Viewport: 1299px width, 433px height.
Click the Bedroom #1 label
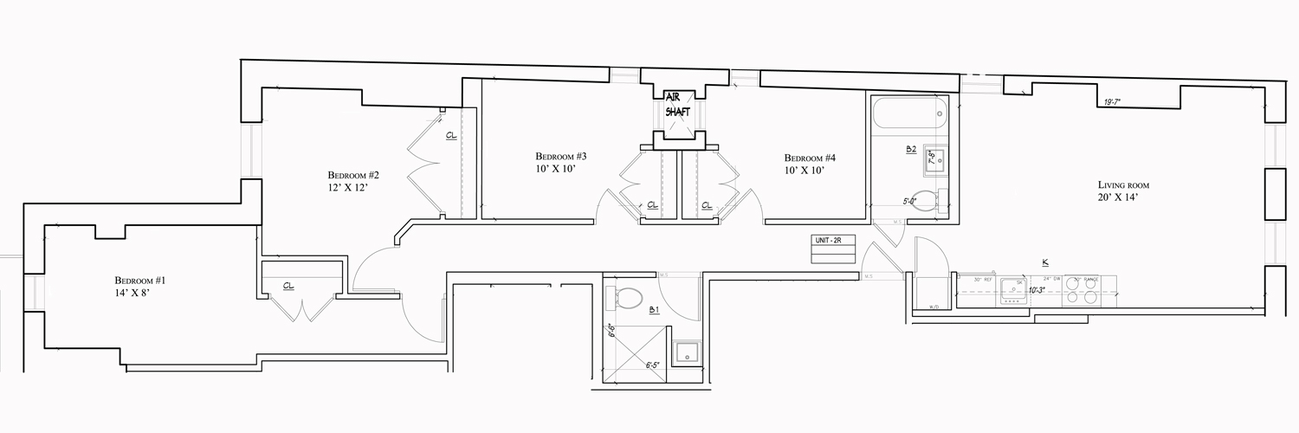pos(139,281)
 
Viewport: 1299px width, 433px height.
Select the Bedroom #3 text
pos(560,157)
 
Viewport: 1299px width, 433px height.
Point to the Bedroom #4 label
pos(810,158)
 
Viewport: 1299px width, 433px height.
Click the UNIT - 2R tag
pos(828,239)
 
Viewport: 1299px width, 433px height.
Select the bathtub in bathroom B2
pos(910,113)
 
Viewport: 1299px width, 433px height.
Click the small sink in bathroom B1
pos(688,352)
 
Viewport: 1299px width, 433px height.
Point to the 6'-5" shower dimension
pos(655,365)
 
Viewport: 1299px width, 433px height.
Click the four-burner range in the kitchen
pos(1080,290)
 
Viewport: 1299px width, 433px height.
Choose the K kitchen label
pos(1045,262)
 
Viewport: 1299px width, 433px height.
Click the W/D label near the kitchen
pos(934,307)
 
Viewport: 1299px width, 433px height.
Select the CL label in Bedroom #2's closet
pos(451,136)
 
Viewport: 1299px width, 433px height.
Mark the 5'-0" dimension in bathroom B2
pos(909,201)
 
